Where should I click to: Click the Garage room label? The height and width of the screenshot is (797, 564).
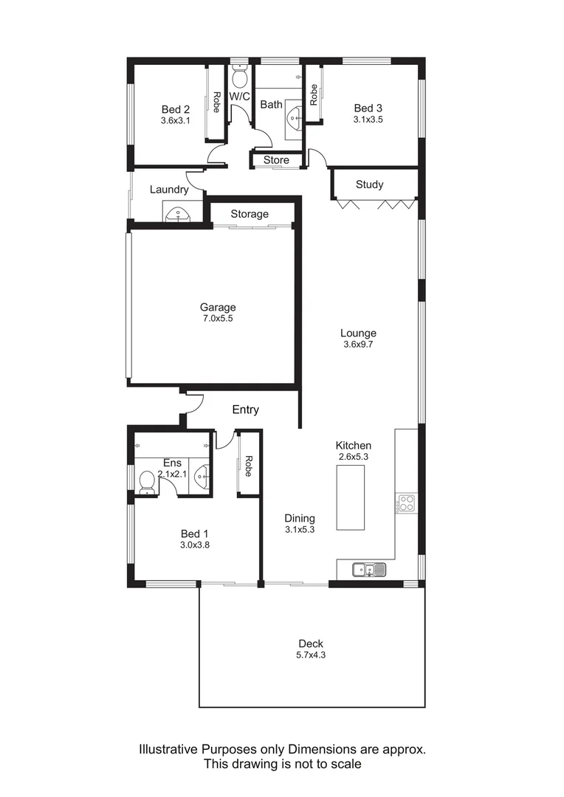tap(218, 307)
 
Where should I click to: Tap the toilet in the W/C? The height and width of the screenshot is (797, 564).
tap(240, 77)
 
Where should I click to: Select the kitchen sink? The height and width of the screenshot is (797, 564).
tap(368, 569)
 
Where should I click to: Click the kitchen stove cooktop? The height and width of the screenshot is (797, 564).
tap(406, 503)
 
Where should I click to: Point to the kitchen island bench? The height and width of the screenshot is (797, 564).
tap(351, 498)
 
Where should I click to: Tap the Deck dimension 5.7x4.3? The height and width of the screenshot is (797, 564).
tap(311, 655)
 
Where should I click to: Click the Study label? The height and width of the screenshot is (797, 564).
tap(369, 184)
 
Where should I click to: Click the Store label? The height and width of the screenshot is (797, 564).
tap(276, 160)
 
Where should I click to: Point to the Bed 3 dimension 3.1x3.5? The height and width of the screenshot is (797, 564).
tap(368, 119)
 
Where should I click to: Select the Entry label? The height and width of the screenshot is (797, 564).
tap(245, 410)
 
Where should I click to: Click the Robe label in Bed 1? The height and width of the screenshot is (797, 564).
tap(249, 466)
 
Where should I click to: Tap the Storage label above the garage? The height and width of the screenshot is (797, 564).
tap(250, 214)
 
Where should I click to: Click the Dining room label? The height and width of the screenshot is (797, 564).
tap(300, 518)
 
